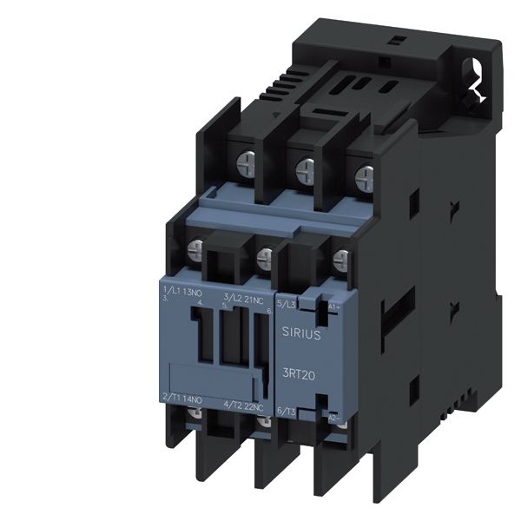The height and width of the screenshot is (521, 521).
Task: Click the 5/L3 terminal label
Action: point(287,304)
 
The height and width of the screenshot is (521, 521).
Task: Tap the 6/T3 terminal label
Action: point(287,412)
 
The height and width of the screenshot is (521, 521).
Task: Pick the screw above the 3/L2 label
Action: point(265,256)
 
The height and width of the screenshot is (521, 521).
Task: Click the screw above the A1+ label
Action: point(340,258)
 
